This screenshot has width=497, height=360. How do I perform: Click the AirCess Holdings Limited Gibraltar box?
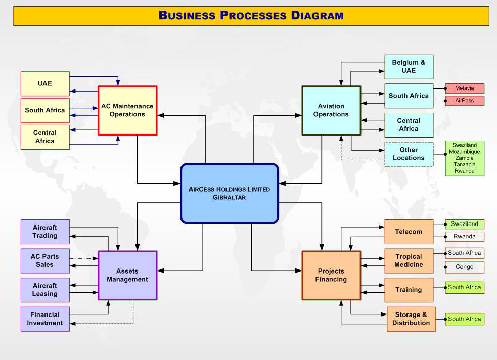tap(229, 193)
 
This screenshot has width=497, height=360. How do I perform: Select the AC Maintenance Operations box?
tap(127, 110)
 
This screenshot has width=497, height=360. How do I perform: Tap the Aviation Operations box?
tap(331, 110)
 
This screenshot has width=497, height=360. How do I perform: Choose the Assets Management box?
tap(127, 275)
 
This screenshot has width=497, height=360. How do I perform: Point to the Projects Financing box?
tap(331, 275)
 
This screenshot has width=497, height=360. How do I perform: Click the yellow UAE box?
tap(45, 83)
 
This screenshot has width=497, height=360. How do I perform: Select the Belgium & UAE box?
tap(409, 67)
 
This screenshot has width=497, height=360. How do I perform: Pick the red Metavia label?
tap(465, 88)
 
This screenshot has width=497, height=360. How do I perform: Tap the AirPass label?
tap(465, 101)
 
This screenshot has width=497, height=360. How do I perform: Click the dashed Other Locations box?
tap(409, 154)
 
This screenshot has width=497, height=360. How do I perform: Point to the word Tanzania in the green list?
tap(465, 164)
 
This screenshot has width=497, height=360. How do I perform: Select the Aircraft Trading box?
tap(45, 232)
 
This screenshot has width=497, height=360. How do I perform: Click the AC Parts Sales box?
tap(45, 260)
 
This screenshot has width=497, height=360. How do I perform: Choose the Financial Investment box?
tap(45, 319)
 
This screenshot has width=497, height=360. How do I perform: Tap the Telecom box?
tap(409, 232)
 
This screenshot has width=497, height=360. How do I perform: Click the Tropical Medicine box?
tap(409, 260)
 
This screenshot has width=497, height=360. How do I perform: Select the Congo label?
tap(465, 267)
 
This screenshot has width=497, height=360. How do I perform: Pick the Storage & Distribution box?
tap(411, 319)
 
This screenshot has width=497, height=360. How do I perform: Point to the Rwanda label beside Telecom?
tap(465, 236)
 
